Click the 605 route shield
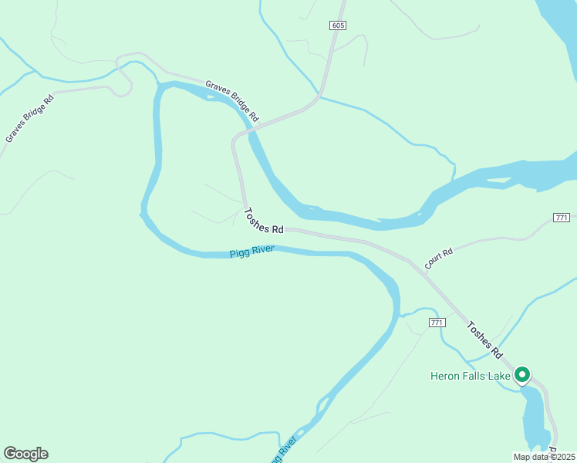click(x=337, y=25)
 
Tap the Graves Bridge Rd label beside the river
click(x=231, y=100)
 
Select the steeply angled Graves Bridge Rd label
click(x=29, y=118)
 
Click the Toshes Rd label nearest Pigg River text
click(x=264, y=221)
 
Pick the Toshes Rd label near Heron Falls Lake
click(x=485, y=339)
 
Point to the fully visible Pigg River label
click(x=251, y=252)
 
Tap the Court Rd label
click(x=437, y=257)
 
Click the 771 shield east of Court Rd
click(x=562, y=218)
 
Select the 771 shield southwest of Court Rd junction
click(x=437, y=322)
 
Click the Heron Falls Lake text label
click(x=470, y=377)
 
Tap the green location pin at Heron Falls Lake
click(x=521, y=375)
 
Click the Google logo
click(x=25, y=454)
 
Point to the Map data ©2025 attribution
click(x=544, y=457)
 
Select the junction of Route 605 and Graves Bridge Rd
click(x=318, y=98)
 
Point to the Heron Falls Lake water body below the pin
click(x=532, y=417)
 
